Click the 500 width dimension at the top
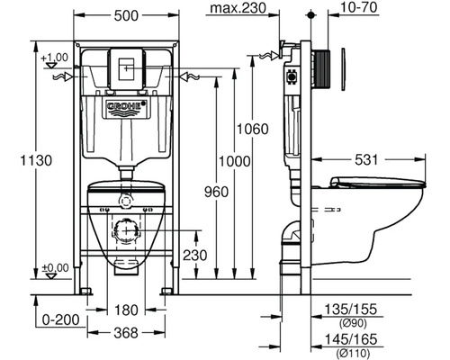(126, 15)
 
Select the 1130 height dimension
(36, 160)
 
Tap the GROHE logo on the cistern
(127, 105)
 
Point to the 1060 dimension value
(253, 129)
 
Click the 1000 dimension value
(234, 161)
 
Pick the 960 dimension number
(216, 192)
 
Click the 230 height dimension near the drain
(195, 256)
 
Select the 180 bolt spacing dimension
(126, 310)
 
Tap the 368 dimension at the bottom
(126, 333)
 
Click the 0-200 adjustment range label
(61, 320)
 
